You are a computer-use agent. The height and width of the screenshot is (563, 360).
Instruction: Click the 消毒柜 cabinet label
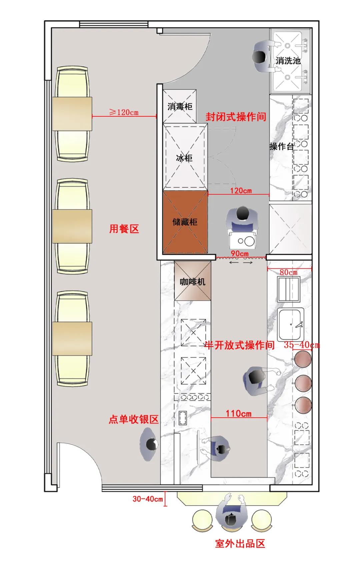point(180,107)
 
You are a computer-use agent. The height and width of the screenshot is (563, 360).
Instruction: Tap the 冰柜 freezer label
point(184,158)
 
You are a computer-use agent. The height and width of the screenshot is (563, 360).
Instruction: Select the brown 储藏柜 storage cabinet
point(185,222)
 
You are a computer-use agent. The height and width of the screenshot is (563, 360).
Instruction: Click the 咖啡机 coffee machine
point(193,282)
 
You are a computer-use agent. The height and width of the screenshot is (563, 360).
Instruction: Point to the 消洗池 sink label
point(288,61)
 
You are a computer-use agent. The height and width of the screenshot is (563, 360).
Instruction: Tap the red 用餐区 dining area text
point(124,229)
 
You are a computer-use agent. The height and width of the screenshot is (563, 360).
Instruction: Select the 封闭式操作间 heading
point(236,117)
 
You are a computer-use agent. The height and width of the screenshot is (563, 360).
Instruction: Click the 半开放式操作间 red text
point(239,345)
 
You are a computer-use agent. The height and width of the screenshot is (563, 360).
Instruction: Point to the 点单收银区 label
point(133,419)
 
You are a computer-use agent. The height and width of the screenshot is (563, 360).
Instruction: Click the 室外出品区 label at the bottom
point(240,544)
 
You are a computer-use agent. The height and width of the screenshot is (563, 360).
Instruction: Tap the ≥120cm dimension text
point(124,112)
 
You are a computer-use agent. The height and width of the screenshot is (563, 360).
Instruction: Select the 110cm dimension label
point(239,413)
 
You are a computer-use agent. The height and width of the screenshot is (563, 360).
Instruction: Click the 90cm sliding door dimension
point(240,254)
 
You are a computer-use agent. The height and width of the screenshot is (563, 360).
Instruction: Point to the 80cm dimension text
point(288,272)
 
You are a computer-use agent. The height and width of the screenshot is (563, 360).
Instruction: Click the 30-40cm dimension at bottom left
point(147,499)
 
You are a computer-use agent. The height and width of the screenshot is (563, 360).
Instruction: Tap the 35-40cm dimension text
point(302,345)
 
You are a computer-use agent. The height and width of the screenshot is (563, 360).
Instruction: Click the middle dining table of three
point(72,226)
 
